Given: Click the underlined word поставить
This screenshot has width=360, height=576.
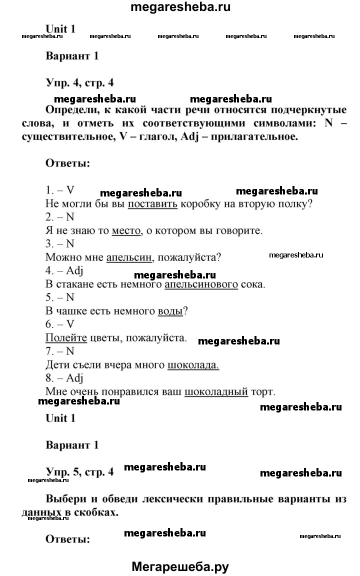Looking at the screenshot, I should click(152, 204).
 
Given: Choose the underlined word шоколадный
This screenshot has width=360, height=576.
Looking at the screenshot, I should click(216, 391).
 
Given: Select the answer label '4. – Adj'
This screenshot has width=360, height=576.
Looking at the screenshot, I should click(63, 271).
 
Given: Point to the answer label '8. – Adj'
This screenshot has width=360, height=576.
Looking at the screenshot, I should click(63, 378).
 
